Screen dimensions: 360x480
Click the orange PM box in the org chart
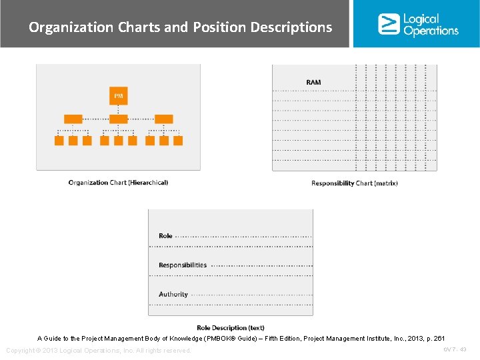[x=118, y=96]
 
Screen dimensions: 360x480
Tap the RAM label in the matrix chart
[x=313, y=82]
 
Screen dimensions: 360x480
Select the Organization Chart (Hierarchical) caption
[x=118, y=183]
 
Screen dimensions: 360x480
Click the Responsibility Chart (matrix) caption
[x=354, y=183]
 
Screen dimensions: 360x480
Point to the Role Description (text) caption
[x=231, y=327]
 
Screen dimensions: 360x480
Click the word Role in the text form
[x=165, y=236]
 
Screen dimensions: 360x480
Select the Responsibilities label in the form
[x=183, y=265]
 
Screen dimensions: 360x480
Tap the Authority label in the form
[x=173, y=295]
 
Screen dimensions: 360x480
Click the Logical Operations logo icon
[x=389, y=24]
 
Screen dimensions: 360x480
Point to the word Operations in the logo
[x=431, y=31]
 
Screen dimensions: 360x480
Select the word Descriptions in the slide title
[x=291, y=27]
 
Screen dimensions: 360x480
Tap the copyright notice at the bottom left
[x=99, y=351]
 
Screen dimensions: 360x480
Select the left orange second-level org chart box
[x=73, y=119]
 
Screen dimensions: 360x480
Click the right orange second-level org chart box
[x=163, y=119]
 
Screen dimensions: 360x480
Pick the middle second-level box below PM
[x=118, y=119]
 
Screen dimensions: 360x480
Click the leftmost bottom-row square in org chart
[x=59, y=141]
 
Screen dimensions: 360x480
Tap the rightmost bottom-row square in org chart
[x=178, y=141]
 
